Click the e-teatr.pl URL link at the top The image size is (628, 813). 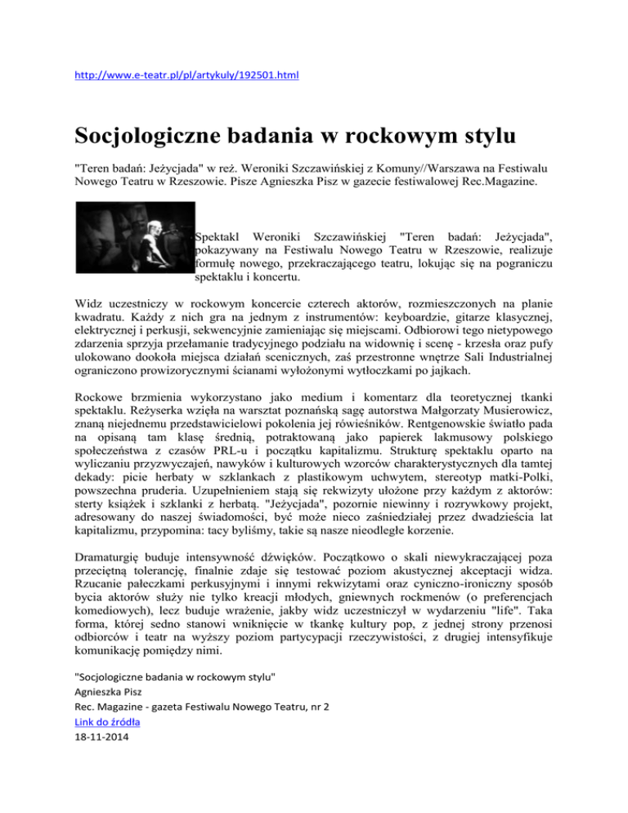tap(186, 75)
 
